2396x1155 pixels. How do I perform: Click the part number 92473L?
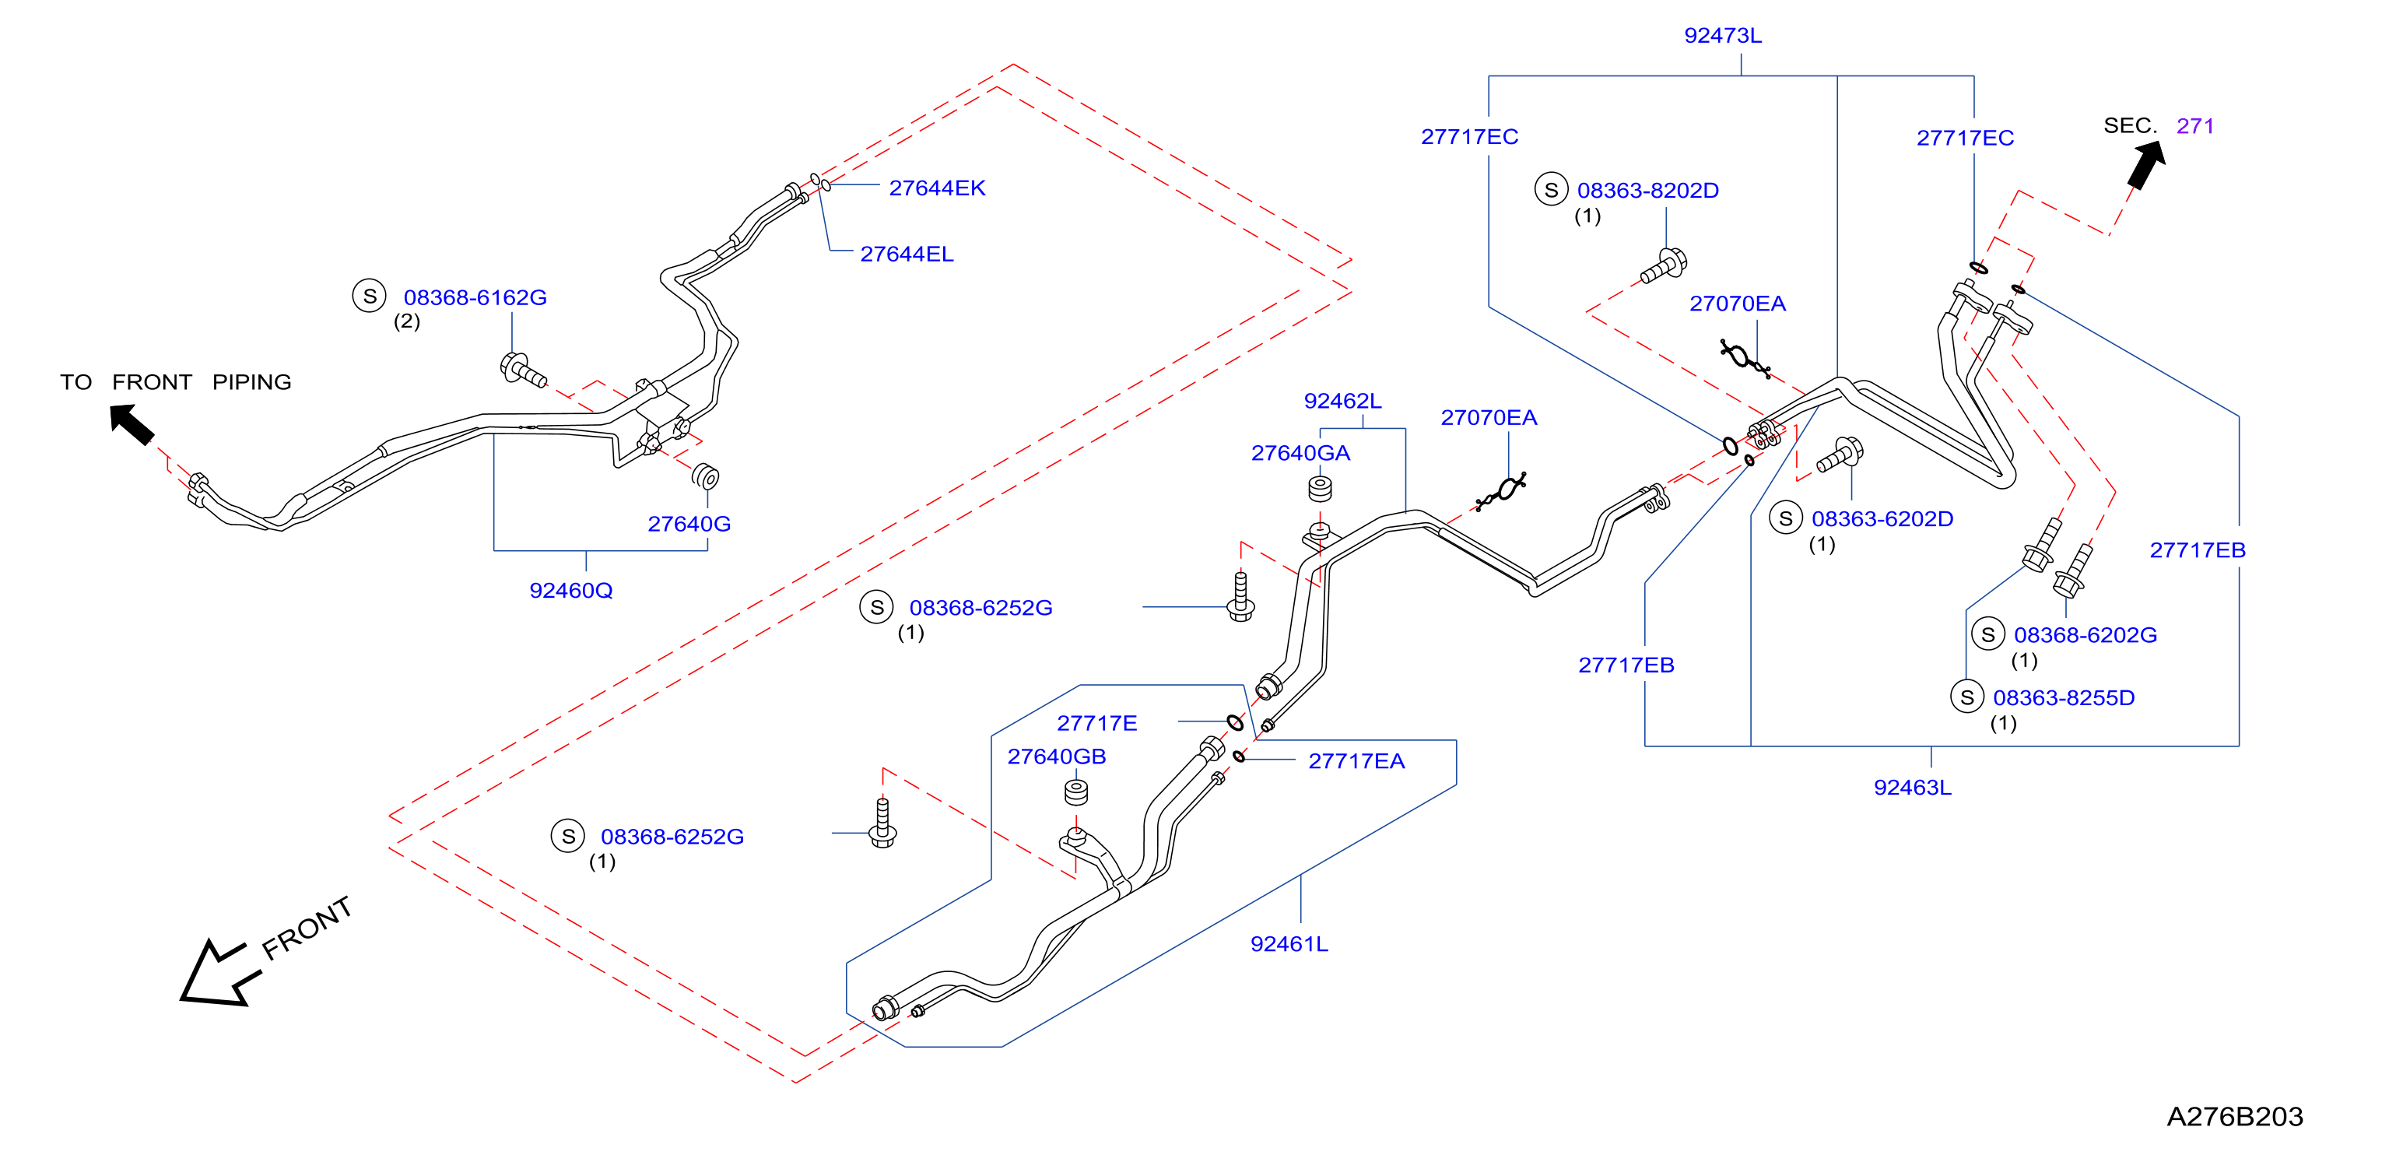[x=1723, y=35]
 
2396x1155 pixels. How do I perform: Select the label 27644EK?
[x=937, y=188]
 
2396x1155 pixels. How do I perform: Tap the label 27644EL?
[x=907, y=254]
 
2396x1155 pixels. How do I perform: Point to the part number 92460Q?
[x=571, y=591]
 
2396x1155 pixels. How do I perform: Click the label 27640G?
[x=689, y=524]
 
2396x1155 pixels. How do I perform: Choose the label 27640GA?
[x=1300, y=453]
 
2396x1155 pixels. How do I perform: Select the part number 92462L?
[x=1342, y=401]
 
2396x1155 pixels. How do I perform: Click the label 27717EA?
[x=1356, y=760]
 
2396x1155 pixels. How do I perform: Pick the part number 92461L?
[x=1289, y=944]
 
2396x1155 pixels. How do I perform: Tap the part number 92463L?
[x=1912, y=788]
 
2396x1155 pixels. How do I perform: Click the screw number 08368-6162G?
[x=475, y=297]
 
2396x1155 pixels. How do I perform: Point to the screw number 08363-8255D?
[x=2063, y=697]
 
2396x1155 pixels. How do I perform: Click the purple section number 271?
[x=2195, y=125]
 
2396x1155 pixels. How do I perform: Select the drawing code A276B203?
[x=2234, y=1116]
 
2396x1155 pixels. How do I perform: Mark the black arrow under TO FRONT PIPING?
[x=132, y=424]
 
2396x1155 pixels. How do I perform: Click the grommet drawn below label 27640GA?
[x=1320, y=488]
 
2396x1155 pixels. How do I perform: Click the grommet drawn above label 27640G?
[x=706, y=476]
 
